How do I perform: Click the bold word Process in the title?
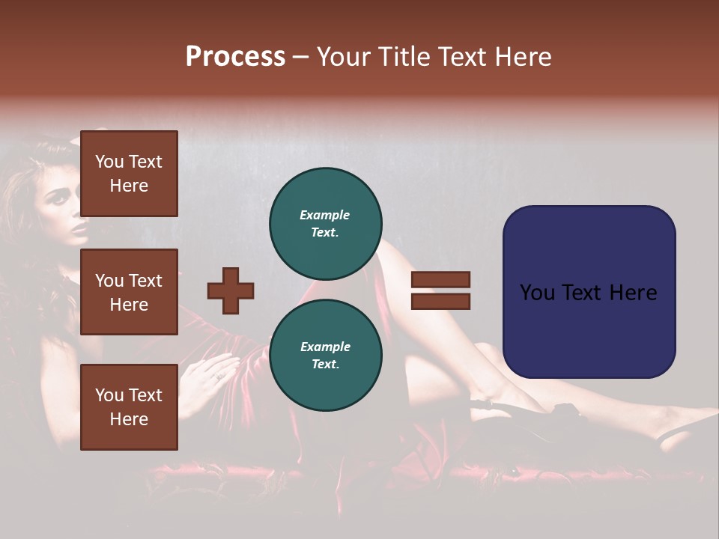[235, 56]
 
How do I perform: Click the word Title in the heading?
[404, 56]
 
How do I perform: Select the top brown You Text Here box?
[129, 174]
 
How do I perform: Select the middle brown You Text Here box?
[129, 292]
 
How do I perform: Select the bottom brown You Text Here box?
[129, 407]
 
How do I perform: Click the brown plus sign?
[231, 290]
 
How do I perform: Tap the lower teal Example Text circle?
[326, 356]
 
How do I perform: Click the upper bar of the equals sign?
[440, 279]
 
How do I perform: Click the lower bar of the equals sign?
[440, 302]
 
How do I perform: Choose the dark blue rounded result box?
[589, 292]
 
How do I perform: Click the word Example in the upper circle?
[324, 215]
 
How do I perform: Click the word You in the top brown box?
[109, 162]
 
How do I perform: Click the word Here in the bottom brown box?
[129, 419]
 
